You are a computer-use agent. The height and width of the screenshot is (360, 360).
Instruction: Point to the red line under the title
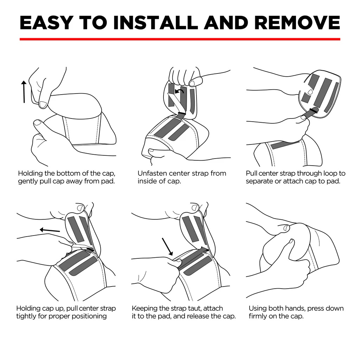180,39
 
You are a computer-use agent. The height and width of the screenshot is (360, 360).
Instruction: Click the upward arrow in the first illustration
24,91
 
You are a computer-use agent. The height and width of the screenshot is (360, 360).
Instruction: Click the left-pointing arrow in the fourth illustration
50,230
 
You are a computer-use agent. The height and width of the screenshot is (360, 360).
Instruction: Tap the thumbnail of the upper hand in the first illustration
43,104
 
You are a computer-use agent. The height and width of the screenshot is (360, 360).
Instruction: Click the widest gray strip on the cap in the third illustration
323,92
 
